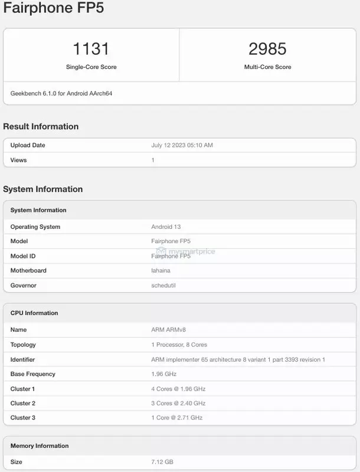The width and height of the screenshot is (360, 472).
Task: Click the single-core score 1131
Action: click(x=91, y=48)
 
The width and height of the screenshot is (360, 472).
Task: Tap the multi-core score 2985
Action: click(x=267, y=48)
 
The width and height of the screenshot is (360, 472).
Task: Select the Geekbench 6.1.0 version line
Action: click(x=61, y=93)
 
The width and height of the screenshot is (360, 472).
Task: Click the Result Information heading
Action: click(x=41, y=126)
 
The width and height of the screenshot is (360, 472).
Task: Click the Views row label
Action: click(x=18, y=160)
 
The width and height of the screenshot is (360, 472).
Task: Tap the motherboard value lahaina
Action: click(x=162, y=270)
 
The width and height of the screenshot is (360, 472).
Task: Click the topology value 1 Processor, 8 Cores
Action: click(x=179, y=345)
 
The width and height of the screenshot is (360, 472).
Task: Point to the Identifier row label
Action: click(x=22, y=359)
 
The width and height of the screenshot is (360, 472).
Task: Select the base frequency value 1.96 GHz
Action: click(x=164, y=374)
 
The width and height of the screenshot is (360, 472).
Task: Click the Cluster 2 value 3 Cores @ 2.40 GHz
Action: click(x=178, y=403)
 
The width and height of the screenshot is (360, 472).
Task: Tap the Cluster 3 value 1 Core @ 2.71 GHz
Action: click(x=177, y=418)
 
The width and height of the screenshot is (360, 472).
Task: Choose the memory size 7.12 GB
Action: click(x=162, y=461)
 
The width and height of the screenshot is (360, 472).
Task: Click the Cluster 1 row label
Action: click(x=22, y=389)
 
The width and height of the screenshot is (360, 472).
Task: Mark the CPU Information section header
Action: click(x=34, y=313)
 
